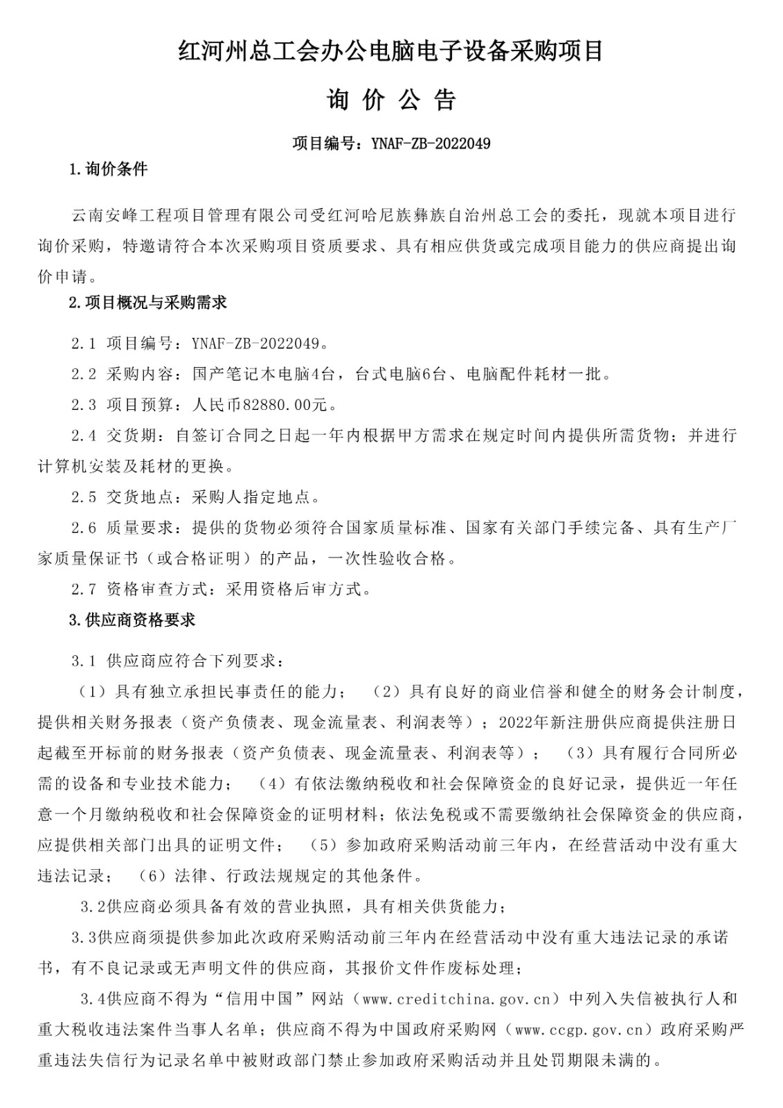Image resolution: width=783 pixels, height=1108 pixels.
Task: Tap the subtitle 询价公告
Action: (x=391, y=101)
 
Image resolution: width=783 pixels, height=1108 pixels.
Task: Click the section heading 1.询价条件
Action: (x=109, y=170)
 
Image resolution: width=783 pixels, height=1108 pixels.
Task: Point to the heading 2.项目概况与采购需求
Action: (x=148, y=303)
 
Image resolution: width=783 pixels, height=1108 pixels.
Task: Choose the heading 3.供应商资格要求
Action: (x=132, y=620)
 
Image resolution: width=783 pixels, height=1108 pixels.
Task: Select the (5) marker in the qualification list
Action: (x=323, y=845)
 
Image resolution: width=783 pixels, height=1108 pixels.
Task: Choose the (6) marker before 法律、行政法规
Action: (x=153, y=876)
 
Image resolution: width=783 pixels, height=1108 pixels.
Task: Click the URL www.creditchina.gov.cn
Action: (x=460, y=999)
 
